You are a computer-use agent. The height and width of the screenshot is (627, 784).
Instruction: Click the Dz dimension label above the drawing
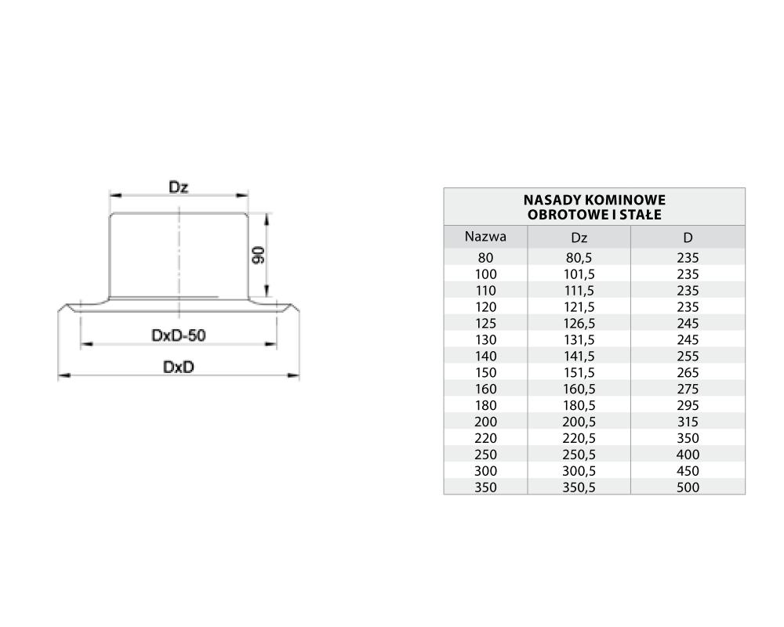[179, 187]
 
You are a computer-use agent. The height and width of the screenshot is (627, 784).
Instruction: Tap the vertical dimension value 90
[260, 253]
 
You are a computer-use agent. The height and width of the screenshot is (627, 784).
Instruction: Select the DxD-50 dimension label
[179, 335]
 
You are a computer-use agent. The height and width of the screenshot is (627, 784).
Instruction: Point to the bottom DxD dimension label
[179, 367]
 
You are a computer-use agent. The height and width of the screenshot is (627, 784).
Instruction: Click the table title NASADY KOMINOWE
[594, 201]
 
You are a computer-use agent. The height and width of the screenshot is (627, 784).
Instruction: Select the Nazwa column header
[485, 236]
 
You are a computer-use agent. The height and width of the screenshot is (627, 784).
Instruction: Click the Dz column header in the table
[579, 237]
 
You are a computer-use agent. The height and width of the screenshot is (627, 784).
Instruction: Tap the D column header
[688, 237]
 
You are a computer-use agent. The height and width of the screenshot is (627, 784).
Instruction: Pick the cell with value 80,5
[579, 258]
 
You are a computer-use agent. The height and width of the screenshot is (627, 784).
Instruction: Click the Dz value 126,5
[579, 323]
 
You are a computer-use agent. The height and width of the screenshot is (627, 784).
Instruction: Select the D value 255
[688, 356]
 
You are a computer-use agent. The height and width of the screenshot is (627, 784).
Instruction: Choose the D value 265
[688, 372]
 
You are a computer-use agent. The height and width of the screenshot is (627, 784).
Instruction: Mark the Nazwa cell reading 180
[485, 405]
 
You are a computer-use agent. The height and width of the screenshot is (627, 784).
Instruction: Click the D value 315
[688, 422]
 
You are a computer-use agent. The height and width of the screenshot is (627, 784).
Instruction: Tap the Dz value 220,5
[579, 438]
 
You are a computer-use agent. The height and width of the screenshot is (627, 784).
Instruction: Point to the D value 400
[688, 455]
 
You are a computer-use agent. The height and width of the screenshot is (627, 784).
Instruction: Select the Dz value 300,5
[579, 471]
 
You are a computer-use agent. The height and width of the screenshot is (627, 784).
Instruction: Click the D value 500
[688, 487]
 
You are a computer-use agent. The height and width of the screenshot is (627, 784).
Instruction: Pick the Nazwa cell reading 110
[485, 290]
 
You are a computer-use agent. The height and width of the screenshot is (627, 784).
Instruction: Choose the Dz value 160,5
[579, 389]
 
